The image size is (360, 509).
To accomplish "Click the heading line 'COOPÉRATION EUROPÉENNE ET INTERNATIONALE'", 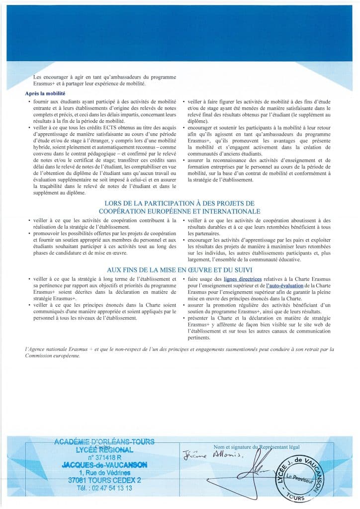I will pyautogui.click(x=180, y=211).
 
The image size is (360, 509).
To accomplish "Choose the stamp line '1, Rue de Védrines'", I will pyautogui.click(x=106, y=472).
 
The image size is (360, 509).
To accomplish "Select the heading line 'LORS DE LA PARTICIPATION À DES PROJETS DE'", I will pyautogui.click(x=180, y=203).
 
